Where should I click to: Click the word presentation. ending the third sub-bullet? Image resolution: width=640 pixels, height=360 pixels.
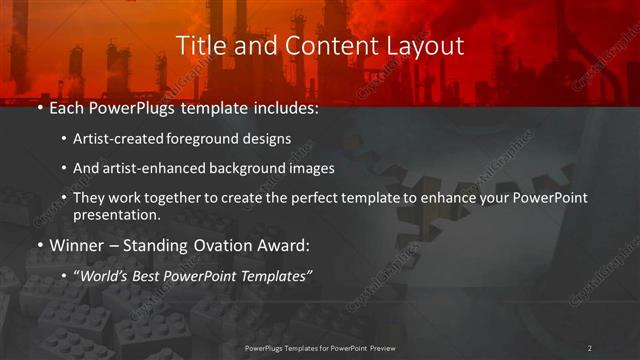point(115,214)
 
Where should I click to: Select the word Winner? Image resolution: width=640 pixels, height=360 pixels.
point(76,243)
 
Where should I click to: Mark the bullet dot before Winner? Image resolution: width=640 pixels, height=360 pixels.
point(40,243)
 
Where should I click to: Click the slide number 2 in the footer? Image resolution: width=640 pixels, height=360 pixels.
point(589,347)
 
